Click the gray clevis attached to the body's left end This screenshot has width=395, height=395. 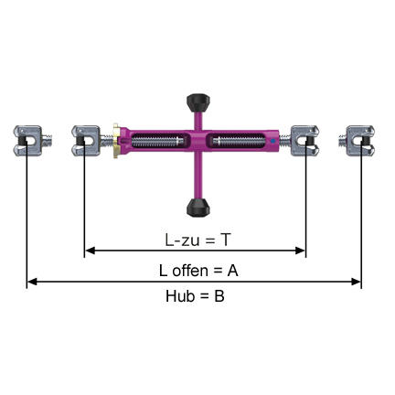89,142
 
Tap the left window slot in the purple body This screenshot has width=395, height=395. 163,141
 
